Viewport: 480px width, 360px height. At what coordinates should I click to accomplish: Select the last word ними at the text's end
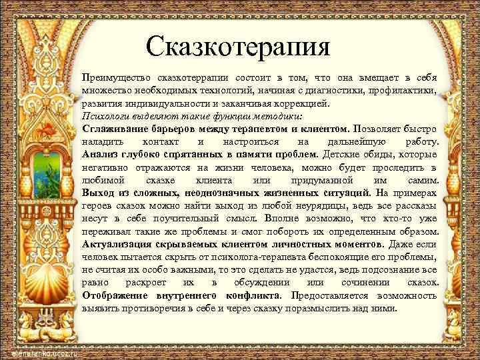pos(384,308)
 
